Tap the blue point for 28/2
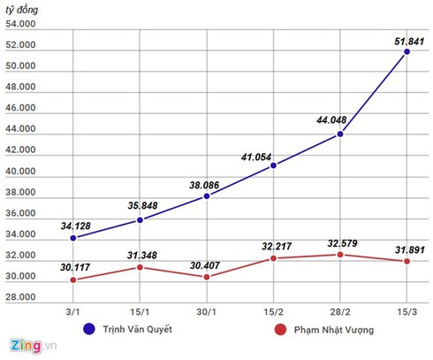[340, 134]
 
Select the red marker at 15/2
[274, 258]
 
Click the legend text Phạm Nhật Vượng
[336, 331]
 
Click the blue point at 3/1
[73, 238]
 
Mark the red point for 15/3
[406, 261]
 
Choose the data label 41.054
[259, 157]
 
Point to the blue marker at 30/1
[207, 195]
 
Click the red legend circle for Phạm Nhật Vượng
[280, 331]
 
